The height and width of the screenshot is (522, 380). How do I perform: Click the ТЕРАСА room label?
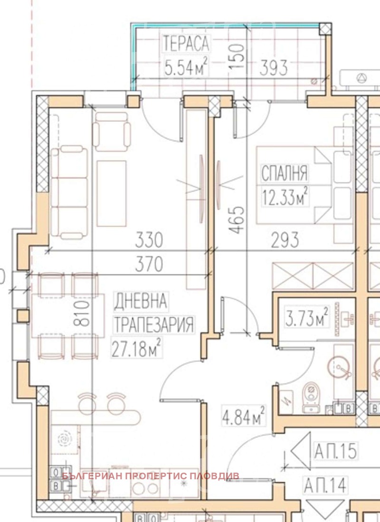[x=186, y=43]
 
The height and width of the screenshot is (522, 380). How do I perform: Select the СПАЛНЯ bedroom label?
[x=285, y=173]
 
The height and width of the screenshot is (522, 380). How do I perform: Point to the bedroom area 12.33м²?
[x=285, y=197]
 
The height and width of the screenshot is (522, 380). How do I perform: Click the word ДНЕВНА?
[x=140, y=300]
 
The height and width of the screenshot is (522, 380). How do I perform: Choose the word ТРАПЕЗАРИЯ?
[x=154, y=324]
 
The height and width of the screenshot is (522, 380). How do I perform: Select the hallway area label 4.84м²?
[x=244, y=416]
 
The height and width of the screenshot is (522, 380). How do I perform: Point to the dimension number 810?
[x=82, y=313]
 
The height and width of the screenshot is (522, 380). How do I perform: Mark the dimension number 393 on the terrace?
[x=273, y=67]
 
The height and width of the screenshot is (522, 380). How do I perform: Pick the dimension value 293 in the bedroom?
[x=285, y=240]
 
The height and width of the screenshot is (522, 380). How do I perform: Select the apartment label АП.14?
[x=325, y=485]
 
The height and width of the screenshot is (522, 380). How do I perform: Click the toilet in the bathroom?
[x=311, y=397]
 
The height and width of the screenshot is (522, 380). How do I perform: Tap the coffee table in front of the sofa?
[x=112, y=194]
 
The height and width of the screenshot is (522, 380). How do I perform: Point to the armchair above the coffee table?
[x=111, y=132]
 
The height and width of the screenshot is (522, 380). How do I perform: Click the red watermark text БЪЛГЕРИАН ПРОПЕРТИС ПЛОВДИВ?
[x=151, y=476]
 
